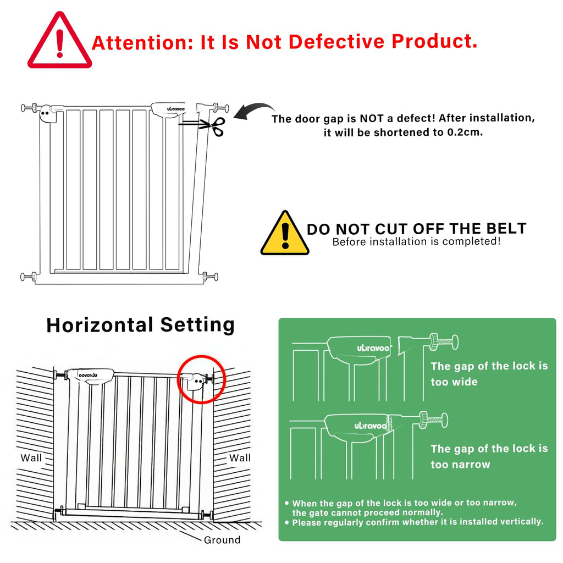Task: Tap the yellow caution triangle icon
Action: (x=285, y=233)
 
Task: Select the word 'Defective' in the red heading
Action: (x=336, y=41)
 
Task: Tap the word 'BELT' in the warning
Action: (x=506, y=229)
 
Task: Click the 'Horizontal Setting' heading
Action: (x=140, y=325)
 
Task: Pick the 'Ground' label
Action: (x=222, y=540)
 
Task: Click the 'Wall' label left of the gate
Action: (x=31, y=458)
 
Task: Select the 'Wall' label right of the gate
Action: (x=240, y=458)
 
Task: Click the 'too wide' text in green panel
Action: (x=454, y=382)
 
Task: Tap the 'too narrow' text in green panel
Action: (x=460, y=464)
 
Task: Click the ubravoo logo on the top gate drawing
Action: (x=175, y=109)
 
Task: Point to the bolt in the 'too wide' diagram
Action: (x=444, y=341)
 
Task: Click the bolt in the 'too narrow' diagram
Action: (x=433, y=420)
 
